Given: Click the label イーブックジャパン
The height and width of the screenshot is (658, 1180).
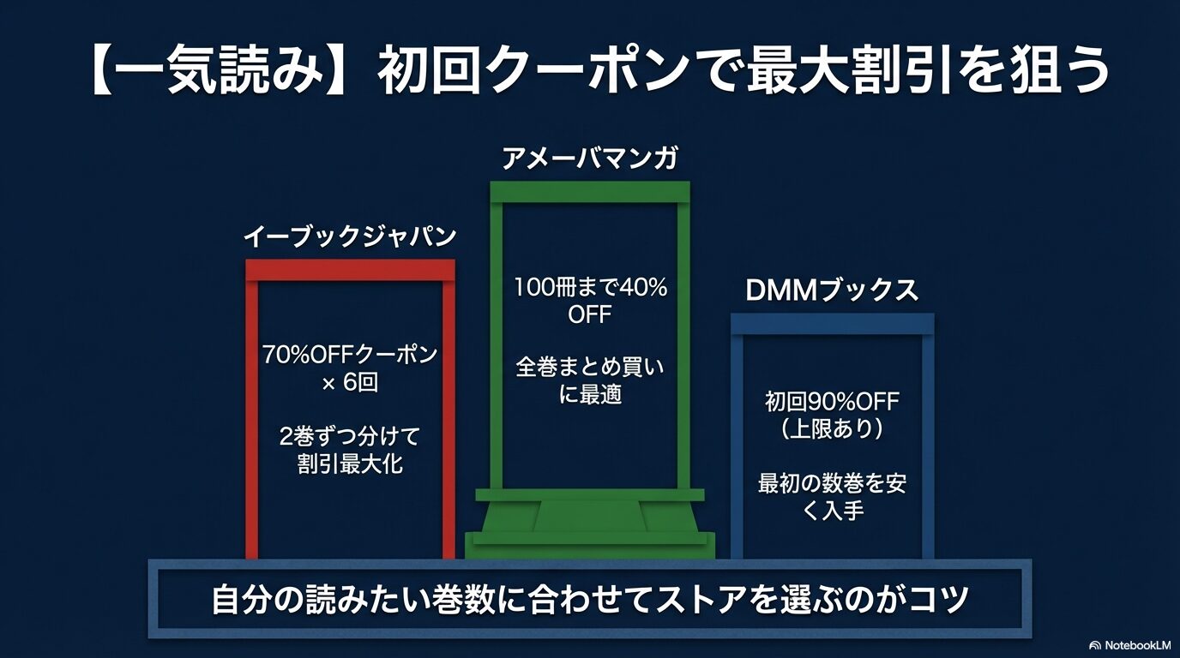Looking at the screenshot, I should [x=350, y=237].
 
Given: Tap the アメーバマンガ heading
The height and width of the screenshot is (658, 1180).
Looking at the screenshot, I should [x=590, y=159].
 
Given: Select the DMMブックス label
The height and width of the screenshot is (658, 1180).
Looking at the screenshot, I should [x=832, y=290].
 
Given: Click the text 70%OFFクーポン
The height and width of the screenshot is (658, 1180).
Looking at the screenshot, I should [x=350, y=355].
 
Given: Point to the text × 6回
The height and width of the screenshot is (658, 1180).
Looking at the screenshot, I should [x=350, y=383].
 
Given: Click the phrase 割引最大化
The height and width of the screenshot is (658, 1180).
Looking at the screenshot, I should [x=350, y=465].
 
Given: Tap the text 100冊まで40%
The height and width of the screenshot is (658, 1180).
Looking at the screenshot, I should [x=590, y=288].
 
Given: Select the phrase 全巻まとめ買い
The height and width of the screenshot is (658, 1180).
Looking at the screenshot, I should [x=590, y=368].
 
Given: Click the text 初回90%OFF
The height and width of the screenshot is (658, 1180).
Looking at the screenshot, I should [x=832, y=401].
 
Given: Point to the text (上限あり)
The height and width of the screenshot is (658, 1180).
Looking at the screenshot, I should [x=832, y=428].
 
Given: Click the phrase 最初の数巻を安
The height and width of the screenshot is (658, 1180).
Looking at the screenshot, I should [x=832, y=483].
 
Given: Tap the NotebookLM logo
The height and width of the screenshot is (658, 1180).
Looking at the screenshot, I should [x=1129, y=644].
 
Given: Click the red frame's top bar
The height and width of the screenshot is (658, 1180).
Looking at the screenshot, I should [x=350, y=270].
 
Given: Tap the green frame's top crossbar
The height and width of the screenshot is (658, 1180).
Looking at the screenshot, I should [x=590, y=191].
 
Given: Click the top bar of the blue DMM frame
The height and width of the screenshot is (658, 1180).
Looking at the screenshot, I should [x=832, y=323].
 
